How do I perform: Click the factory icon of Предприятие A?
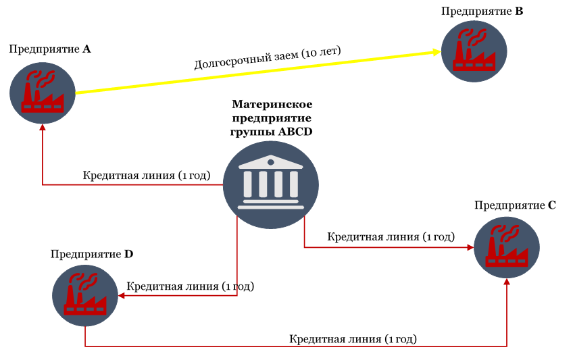click(x=43, y=93)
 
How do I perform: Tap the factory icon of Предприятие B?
click(x=474, y=51)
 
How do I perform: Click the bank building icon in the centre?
click(x=271, y=185)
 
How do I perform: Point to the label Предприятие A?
click(x=50, y=49)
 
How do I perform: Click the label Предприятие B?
click(x=482, y=11)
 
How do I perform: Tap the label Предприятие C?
click(x=515, y=205)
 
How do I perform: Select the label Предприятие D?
click(x=92, y=254)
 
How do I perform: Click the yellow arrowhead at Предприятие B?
click(x=437, y=52)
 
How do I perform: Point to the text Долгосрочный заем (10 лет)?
click(x=268, y=57)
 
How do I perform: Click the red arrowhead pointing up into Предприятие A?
click(x=43, y=128)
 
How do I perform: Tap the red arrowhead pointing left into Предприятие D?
click(x=122, y=295)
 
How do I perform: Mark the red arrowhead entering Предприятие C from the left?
click(x=470, y=248)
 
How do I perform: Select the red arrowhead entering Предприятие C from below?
click(x=507, y=282)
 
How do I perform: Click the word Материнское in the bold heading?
click(x=272, y=105)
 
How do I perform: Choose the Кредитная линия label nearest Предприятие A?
click(x=147, y=176)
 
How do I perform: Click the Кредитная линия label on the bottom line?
click(x=353, y=339)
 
